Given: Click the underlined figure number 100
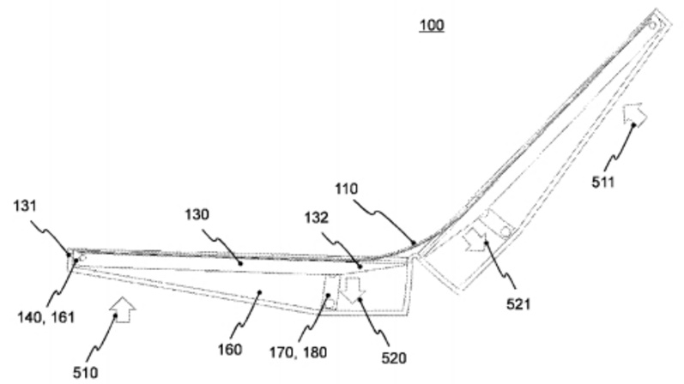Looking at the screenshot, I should click(431, 26).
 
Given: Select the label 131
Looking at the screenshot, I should click(27, 207).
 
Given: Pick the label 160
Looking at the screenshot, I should click(230, 350).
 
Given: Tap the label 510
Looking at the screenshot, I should click(85, 372).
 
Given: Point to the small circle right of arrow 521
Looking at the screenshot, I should click(506, 231).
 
